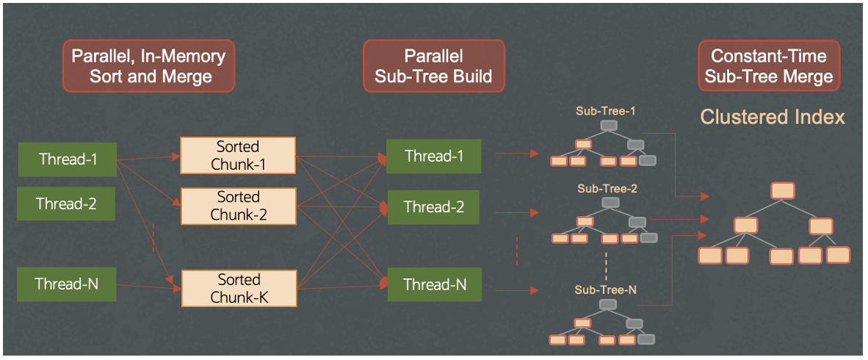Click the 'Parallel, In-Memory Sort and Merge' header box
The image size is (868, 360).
click(149, 66)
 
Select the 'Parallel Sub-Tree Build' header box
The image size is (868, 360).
click(433, 66)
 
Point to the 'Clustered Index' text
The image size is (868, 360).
click(773, 117)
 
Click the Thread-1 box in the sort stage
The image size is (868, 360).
click(68, 159)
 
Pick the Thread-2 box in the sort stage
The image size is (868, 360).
click(66, 204)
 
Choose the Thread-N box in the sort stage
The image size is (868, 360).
click(68, 284)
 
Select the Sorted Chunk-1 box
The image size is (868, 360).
click(239, 155)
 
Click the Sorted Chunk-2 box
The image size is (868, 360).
click(239, 206)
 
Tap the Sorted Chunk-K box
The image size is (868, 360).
click(239, 289)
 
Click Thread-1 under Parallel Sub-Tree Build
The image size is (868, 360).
click(434, 156)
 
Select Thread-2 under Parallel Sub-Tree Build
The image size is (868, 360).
click(434, 207)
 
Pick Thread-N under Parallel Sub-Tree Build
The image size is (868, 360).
click(434, 284)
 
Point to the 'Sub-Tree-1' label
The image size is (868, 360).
click(606, 111)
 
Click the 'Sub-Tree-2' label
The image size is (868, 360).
click(607, 189)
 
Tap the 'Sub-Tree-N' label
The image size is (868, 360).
click(606, 290)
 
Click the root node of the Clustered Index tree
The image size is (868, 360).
click(783, 191)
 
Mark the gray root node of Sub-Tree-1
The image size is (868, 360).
click(608, 126)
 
